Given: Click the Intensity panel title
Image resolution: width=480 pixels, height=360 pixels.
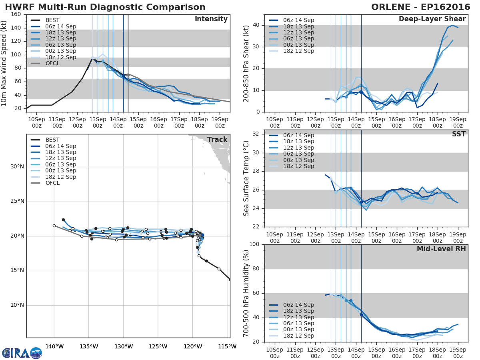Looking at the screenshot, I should [x=211, y=19].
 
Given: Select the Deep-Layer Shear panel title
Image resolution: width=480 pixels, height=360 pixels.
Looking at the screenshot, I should [x=432, y=19].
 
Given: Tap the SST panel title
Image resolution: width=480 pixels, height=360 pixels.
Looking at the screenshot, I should [x=459, y=134].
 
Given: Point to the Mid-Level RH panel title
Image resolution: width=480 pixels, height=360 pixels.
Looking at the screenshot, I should [x=441, y=249].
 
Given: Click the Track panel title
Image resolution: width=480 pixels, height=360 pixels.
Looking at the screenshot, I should [x=217, y=140].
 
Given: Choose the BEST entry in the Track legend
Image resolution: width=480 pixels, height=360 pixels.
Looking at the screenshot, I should [x=52, y=140].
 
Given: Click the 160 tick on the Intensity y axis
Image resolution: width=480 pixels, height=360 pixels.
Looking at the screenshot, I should [x=17, y=14].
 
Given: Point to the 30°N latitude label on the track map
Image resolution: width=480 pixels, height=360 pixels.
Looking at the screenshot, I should [x=17, y=167].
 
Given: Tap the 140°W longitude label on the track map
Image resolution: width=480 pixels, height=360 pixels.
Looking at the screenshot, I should [x=54, y=346].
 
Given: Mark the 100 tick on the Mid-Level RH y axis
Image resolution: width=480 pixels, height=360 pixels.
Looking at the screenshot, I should [x=254, y=244].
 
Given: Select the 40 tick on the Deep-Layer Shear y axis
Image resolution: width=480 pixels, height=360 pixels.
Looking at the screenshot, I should [x=256, y=25].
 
